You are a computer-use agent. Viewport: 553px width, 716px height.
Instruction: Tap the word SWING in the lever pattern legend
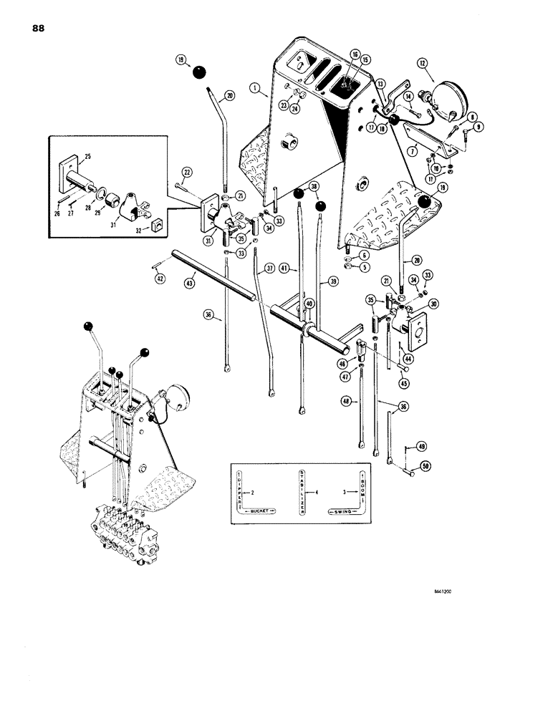(x=345, y=513)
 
